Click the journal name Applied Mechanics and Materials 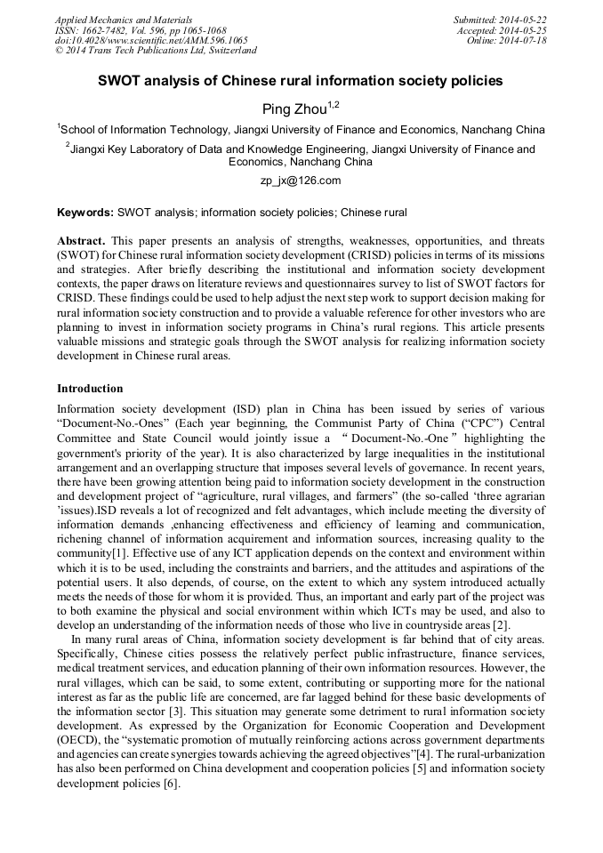pyautogui.click(x=123, y=20)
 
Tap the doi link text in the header pyautogui.click(x=150, y=41)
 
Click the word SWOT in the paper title pyautogui.click(x=120, y=81)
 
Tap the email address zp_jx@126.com pyautogui.click(x=301, y=181)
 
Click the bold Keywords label pyautogui.click(x=84, y=213)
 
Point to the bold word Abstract pyautogui.click(x=81, y=241)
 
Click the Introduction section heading pyautogui.click(x=90, y=389)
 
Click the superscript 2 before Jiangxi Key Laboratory pyautogui.click(x=68, y=145)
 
